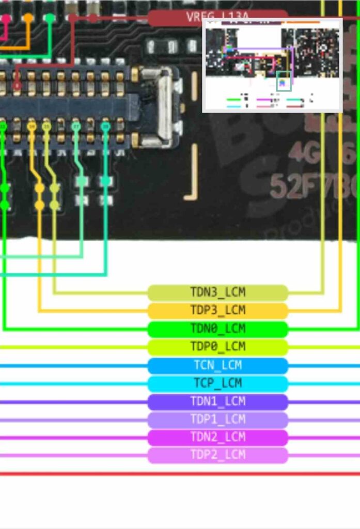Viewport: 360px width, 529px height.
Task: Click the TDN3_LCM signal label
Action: (217, 293)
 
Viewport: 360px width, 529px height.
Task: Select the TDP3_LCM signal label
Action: (217, 310)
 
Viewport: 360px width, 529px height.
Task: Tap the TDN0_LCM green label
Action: (217, 329)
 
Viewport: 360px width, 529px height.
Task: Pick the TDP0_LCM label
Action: (217, 347)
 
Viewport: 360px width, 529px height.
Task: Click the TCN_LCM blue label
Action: (217, 365)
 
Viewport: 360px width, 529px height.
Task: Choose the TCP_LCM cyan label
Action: (217, 383)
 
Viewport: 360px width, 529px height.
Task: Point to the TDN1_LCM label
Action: (217, 401)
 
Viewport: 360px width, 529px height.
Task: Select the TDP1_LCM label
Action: (217, 419)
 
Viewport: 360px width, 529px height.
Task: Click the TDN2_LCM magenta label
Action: (217, 438)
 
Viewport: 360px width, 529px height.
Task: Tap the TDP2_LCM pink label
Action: (217, 455)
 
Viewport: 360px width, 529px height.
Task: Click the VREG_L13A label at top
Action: (217, 17)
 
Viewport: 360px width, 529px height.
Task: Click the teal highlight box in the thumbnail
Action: (284, 82)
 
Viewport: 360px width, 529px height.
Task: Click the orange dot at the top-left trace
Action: (28, 18)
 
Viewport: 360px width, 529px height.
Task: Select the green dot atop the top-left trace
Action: (50, 18)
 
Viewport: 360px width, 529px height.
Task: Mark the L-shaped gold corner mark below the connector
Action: (192, 176)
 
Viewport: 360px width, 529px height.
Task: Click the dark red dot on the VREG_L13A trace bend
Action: (73, 18)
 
